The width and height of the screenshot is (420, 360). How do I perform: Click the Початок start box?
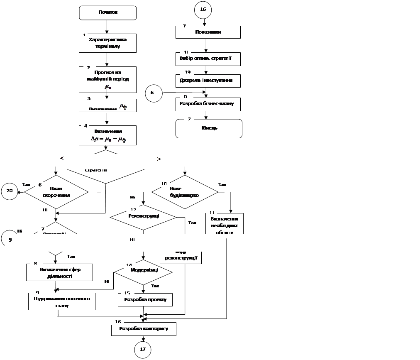[x=107, y=12]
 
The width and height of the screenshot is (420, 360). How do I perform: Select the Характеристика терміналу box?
[x=107, y=43]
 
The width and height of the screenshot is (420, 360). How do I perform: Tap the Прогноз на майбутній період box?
[x=107, y=79]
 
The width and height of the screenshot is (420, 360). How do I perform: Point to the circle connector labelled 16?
[x=203, y=9]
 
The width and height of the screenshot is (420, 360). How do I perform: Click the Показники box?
[x=208, y=32]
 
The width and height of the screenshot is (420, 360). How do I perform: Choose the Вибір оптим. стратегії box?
[x=208, y=58]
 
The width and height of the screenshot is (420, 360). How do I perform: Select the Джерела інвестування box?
[x=208, y=81]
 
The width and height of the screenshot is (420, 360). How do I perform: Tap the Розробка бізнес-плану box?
[x=208, y=104]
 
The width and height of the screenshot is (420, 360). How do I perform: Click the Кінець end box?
[x=209, y=128]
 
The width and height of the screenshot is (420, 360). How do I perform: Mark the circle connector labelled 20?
[x=10, y=191]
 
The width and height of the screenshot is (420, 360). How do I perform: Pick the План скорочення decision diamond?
[x=57, y=192]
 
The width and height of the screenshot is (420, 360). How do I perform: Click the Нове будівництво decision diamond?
[x=185, y=192]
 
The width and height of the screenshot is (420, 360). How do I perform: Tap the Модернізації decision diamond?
[x=143, y=271]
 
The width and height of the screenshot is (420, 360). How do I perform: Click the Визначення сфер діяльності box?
[x=60, y=272]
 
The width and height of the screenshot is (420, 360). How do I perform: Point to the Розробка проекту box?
[x=145, y=299]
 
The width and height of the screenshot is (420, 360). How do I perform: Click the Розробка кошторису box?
[x=143, y=329]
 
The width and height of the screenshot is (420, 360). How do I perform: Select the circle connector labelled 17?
[x=143, y=350]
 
